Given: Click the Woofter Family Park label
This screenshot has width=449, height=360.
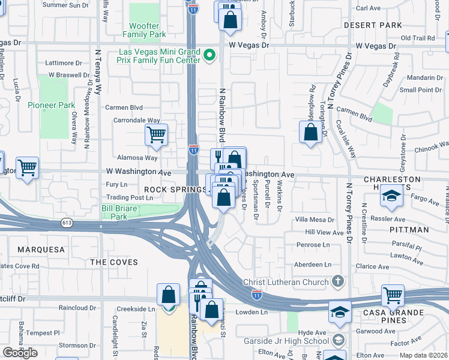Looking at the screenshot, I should [x=144, y=30].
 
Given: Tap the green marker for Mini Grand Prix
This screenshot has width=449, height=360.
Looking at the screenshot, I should [x=209, y=56].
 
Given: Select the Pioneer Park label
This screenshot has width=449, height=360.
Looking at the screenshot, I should [x=52, y=105].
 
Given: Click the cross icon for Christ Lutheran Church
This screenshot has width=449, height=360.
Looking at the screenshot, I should [x=339, y=281].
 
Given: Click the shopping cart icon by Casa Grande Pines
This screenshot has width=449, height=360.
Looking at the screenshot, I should [x=393, y=294].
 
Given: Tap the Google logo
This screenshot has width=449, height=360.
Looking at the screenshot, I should [x=20, y=353].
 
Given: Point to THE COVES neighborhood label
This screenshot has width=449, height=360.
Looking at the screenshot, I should [x=113, y=262].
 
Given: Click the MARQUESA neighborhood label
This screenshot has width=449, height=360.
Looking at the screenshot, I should [x=41, y=249].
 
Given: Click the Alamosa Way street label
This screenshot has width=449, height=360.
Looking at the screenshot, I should [x=138, y=158].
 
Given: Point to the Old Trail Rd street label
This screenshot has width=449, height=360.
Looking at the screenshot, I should [x=417, y=38].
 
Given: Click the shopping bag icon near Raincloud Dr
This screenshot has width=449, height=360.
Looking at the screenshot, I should [x=169, y=295].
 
